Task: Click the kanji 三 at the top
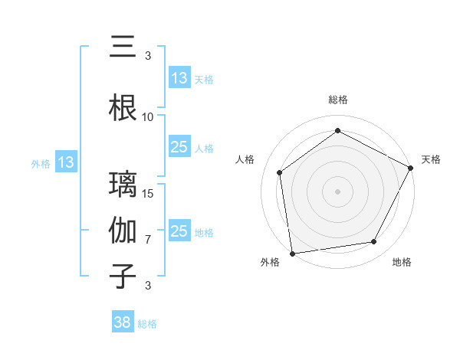tap(123, 49)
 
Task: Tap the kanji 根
tap(123, 108)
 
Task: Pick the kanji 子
tap(123, 277)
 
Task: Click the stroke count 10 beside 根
tap(147, 116)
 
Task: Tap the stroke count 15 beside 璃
tap(148, 193)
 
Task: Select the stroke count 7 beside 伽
tap(148, 239)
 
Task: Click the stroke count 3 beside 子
tap(148, 286)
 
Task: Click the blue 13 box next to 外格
tap(65, 162)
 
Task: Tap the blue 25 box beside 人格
tap(179, 147)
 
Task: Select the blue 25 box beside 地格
tap(179, 231)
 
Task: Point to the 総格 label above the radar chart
tap(338, 100)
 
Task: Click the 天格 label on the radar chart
tap(432, 159)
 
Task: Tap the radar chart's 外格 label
tap(270, 262)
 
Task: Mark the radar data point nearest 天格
tap(412, 168)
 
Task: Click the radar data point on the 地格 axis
tap(374, 242)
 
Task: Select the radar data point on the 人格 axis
tap(280, 172)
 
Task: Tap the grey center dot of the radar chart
tap(338, 191)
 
